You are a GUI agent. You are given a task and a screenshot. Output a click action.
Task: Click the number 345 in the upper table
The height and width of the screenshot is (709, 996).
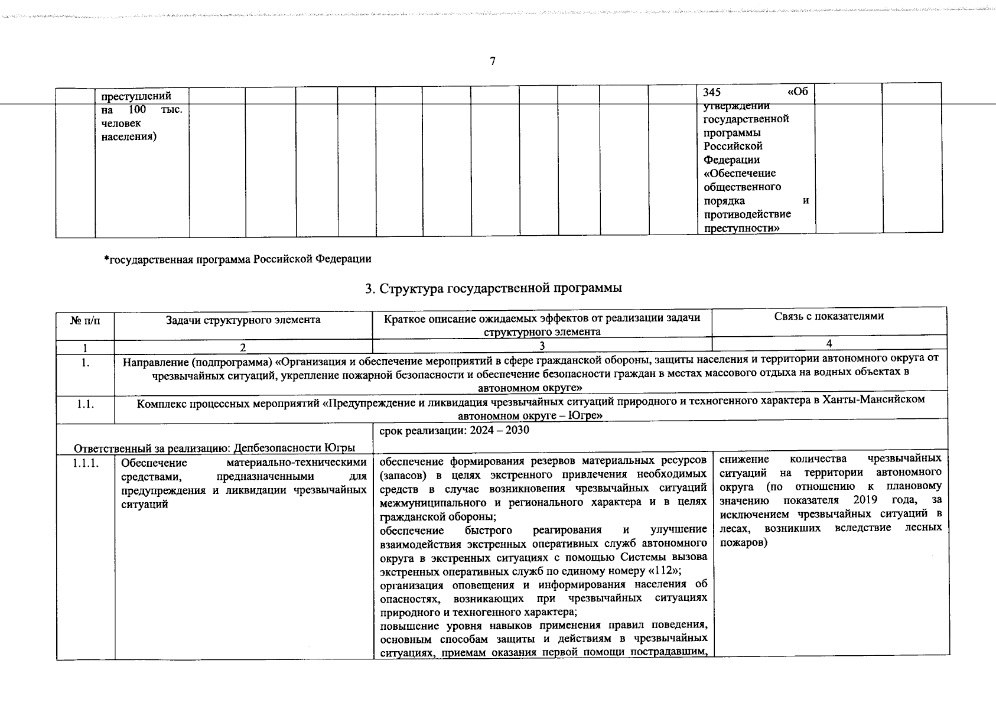click(x=712, y=93)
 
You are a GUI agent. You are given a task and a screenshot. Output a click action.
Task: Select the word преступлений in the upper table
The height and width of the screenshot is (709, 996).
click(x=136, y=96)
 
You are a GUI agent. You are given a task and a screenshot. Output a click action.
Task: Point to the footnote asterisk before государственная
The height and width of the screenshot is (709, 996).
click(x=106, y=258)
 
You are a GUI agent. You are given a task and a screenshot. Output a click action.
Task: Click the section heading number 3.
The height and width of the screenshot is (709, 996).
click(x=369, y=289)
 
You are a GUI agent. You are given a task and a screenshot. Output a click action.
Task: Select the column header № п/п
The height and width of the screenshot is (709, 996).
click(x=85, y=320)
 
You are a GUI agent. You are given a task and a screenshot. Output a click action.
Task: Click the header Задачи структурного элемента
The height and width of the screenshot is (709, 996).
click(x=243, y=320)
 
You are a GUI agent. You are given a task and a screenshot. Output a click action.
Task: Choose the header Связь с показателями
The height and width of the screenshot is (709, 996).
click(x=829, y=317)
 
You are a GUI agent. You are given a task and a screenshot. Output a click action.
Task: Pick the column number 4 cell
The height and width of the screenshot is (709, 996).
click(x=829, y=343)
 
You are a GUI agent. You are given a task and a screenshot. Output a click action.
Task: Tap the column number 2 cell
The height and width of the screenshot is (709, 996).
click(x=243, y=347)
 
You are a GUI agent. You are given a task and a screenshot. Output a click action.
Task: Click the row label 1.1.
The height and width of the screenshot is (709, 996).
click(x=85, y=405)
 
